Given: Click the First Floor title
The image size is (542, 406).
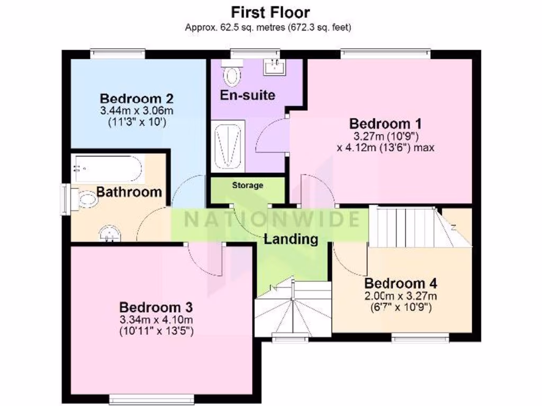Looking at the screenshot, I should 270,12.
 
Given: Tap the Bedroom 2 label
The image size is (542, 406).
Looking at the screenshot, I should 137,98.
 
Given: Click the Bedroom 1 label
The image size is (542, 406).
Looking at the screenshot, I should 385,124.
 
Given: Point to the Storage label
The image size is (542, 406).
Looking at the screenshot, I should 247,186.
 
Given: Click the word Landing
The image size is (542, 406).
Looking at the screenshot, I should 291,239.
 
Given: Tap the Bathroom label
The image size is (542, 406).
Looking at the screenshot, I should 129,192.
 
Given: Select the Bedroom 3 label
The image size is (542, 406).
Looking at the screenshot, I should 156,307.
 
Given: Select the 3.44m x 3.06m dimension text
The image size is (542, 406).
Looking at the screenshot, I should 137,111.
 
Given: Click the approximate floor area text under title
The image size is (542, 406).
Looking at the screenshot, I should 268,27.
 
